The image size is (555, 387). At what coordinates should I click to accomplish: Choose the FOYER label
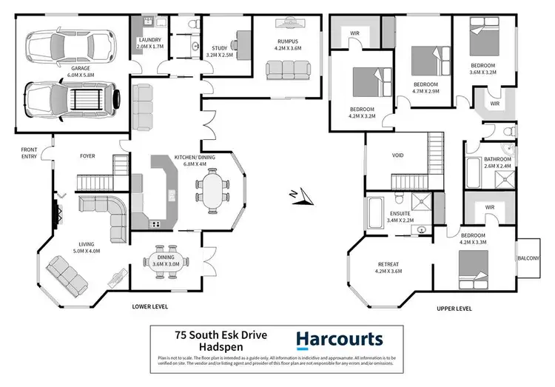coord(90,157)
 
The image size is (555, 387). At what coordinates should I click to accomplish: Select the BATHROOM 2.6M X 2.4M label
coord(497,163)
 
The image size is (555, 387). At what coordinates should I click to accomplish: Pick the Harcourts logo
coord(340,340)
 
